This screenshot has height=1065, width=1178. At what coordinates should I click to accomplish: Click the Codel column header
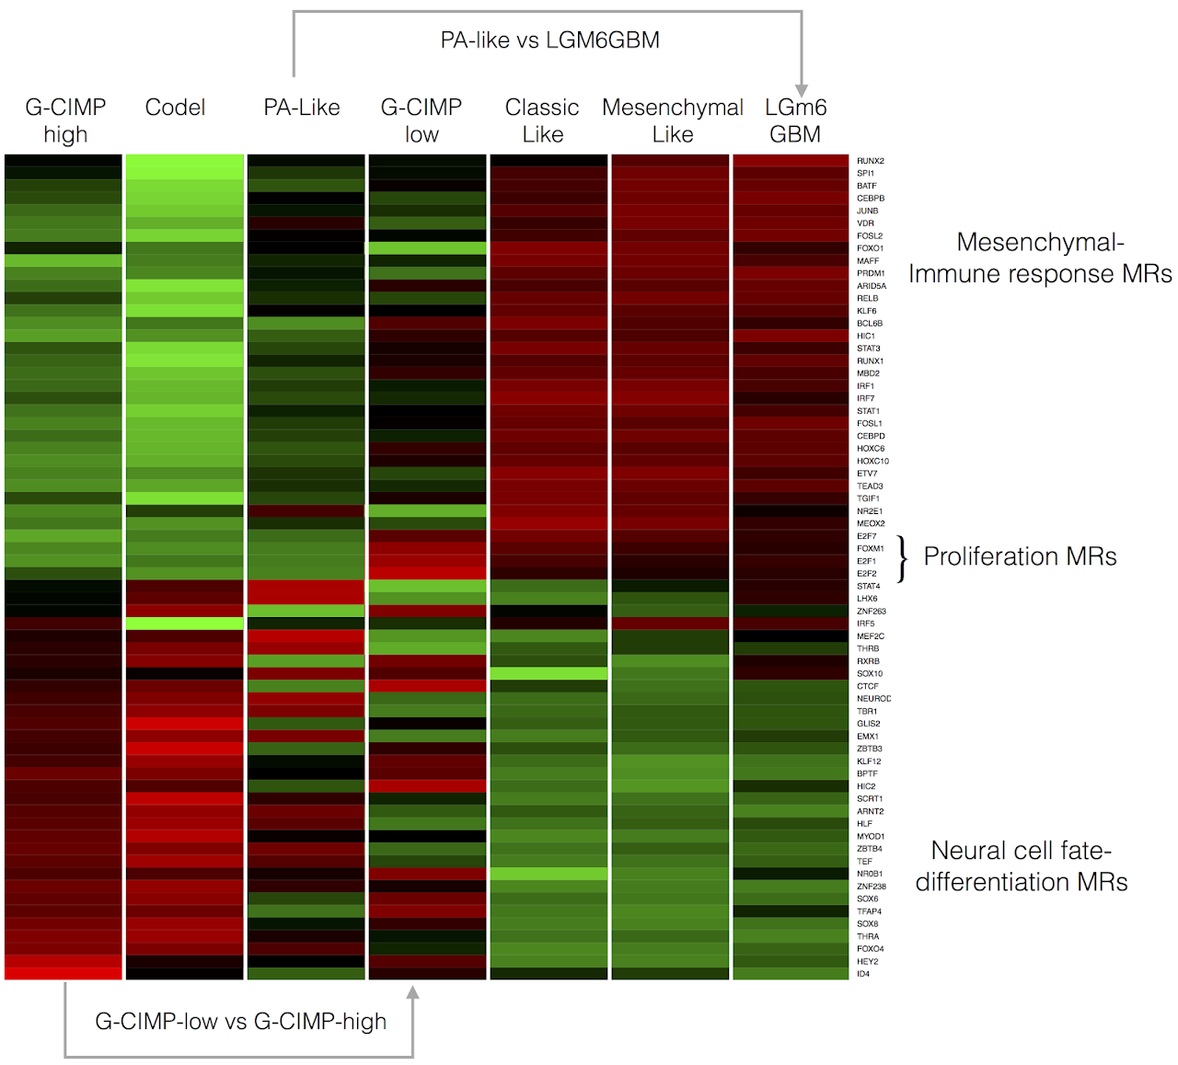coord(175,108)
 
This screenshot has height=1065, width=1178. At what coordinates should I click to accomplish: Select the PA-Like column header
coord(302,108)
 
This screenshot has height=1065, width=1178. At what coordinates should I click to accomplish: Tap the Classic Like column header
coord(542,120)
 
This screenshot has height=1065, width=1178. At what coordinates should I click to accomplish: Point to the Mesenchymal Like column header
coord(673,120)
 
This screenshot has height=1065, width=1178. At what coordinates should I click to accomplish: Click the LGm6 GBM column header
coord(795,120)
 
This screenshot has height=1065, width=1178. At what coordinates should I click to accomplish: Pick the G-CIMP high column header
coord(65,120)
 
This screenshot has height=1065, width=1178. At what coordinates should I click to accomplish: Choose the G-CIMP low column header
coord(422,120)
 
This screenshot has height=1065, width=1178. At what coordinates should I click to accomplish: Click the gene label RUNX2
coord(871,161)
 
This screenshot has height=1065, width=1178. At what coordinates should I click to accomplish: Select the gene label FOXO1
coord(871,248)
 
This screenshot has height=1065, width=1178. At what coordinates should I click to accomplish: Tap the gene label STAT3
coord(869,349)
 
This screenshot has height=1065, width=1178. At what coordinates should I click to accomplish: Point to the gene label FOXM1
coord(871,549)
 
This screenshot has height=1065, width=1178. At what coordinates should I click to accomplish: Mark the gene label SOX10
coord(870,674)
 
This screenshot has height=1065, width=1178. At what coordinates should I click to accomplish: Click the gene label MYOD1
coord(871,837)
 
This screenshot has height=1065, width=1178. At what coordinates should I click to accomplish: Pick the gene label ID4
coord(863,974)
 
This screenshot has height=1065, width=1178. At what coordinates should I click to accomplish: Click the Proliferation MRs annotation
coord(1020,556)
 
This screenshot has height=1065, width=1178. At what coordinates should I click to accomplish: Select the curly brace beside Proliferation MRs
coord(903,558)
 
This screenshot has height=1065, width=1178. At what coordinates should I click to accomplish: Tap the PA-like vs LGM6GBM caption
coord(549,40)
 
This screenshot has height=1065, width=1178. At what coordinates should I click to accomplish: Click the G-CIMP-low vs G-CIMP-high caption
coord(241,1021)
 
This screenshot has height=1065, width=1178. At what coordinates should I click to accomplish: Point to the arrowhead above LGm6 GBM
coord(802,89)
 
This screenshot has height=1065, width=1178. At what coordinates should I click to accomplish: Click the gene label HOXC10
coord(873,462)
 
